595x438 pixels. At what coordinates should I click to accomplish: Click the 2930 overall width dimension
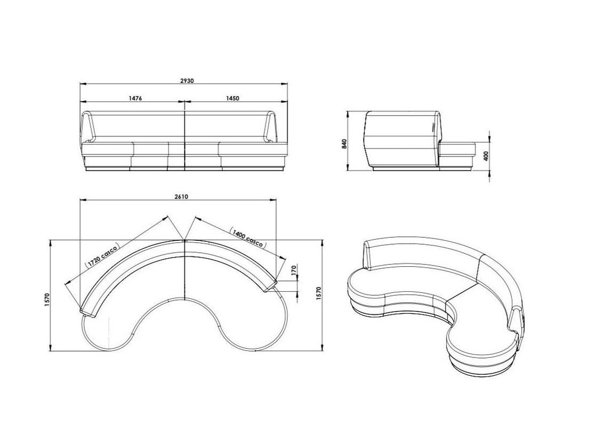pyautogui.click(x=187, y=81)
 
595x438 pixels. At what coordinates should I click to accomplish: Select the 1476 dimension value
pyautogui.click(x=135, y=99)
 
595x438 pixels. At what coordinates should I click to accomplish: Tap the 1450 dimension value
pyautogui.click(x=232, y=99)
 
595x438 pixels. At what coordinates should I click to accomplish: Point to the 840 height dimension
pyautogui.click(x=344, y=144)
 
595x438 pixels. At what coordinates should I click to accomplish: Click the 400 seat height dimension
pyautogui.click(x=486, y=155)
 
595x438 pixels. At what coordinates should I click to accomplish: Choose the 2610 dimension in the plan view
pyautogui.click(x=181, y=197)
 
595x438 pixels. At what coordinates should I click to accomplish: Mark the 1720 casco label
pyautogui.click(x=102, y=255)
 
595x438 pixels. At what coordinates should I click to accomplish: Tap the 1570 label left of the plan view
pyautogui.click(x=47, y=300)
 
